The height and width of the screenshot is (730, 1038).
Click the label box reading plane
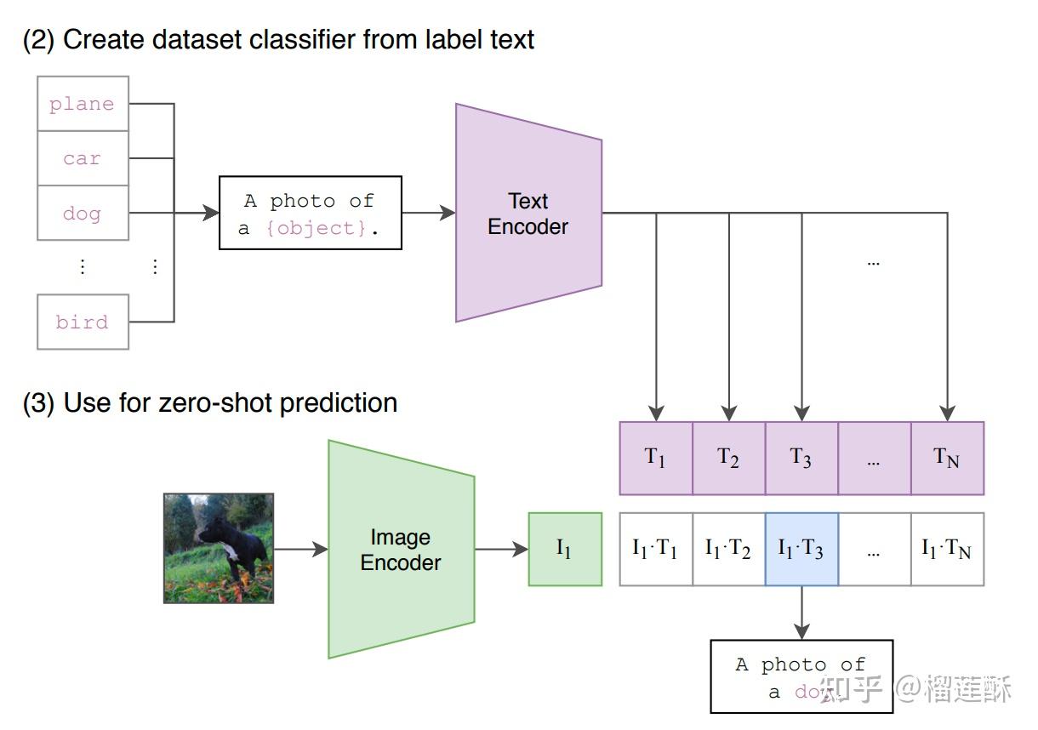point(83,104)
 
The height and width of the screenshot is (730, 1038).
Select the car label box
point(83,158)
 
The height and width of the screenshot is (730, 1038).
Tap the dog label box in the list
point(83,214)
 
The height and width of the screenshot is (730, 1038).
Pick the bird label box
point(83,322)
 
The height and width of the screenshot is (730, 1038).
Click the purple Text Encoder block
point(528,213)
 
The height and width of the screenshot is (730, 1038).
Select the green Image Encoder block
point(402,550)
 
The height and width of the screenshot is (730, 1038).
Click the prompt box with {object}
point(311,213)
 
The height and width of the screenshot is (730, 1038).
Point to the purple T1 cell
point(656,459)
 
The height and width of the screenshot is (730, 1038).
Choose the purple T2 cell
point(729,459)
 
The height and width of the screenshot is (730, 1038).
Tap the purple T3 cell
point(801,459)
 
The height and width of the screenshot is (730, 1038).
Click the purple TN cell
point(948,459)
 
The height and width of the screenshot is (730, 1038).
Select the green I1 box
point(565,550)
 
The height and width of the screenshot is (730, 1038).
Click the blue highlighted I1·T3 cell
point(801,550)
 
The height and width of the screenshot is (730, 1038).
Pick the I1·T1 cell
point(656,550)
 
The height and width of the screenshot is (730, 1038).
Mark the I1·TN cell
point(948,550)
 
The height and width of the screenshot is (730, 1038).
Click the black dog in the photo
point(234,547)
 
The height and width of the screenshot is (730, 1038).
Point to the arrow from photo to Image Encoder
point(301,550)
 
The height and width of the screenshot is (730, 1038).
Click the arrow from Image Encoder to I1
point(502,550)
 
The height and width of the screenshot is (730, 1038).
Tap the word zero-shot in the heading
point(215,402)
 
